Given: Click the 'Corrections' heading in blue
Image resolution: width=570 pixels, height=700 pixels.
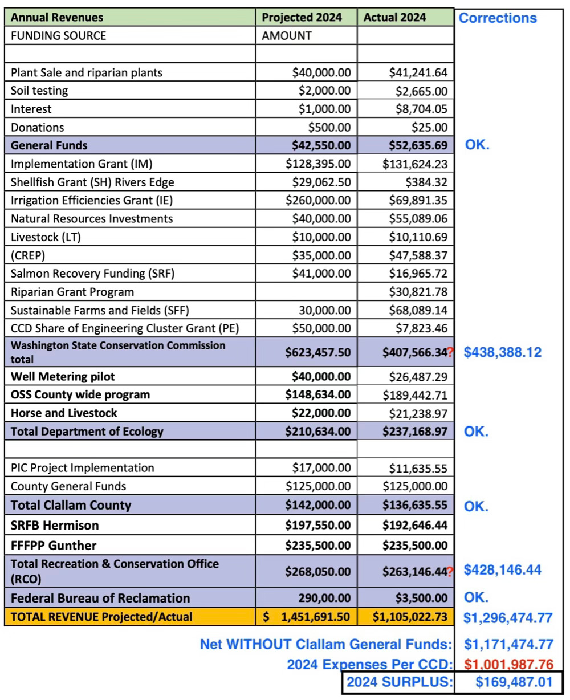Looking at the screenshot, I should click(x=498, y=18).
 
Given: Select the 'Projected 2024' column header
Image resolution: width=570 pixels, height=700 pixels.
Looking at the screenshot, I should click(x=302, y=17).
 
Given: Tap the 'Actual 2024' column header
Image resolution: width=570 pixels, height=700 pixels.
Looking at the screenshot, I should click(x=394, y=17).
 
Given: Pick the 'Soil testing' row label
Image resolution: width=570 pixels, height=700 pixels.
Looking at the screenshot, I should click(x=39, y=91).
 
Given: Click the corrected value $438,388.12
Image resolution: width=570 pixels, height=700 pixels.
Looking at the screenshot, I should click(x=502, y=352).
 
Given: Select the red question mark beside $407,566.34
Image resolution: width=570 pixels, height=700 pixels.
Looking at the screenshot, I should click(x=450, y=353).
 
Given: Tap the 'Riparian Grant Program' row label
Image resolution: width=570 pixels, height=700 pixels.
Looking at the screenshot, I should click(x=72, y=292).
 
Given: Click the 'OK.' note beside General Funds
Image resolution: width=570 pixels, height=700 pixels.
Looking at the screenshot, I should click(x=477, y=145).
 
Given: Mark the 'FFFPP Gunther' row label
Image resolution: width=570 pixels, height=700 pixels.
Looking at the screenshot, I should click(x=54, y=546).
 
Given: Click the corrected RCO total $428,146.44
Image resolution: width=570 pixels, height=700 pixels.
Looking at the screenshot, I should click(x=502, y=569).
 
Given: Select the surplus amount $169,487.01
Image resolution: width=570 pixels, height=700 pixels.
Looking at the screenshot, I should click(x=514, y=682).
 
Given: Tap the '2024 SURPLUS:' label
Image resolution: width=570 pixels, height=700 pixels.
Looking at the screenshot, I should click(x=398, y=682).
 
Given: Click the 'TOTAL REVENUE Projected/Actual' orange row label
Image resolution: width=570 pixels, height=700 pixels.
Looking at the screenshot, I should click(x=101, y=616).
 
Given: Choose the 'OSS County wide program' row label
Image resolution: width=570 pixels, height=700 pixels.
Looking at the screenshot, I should click(x=80, y=394).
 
